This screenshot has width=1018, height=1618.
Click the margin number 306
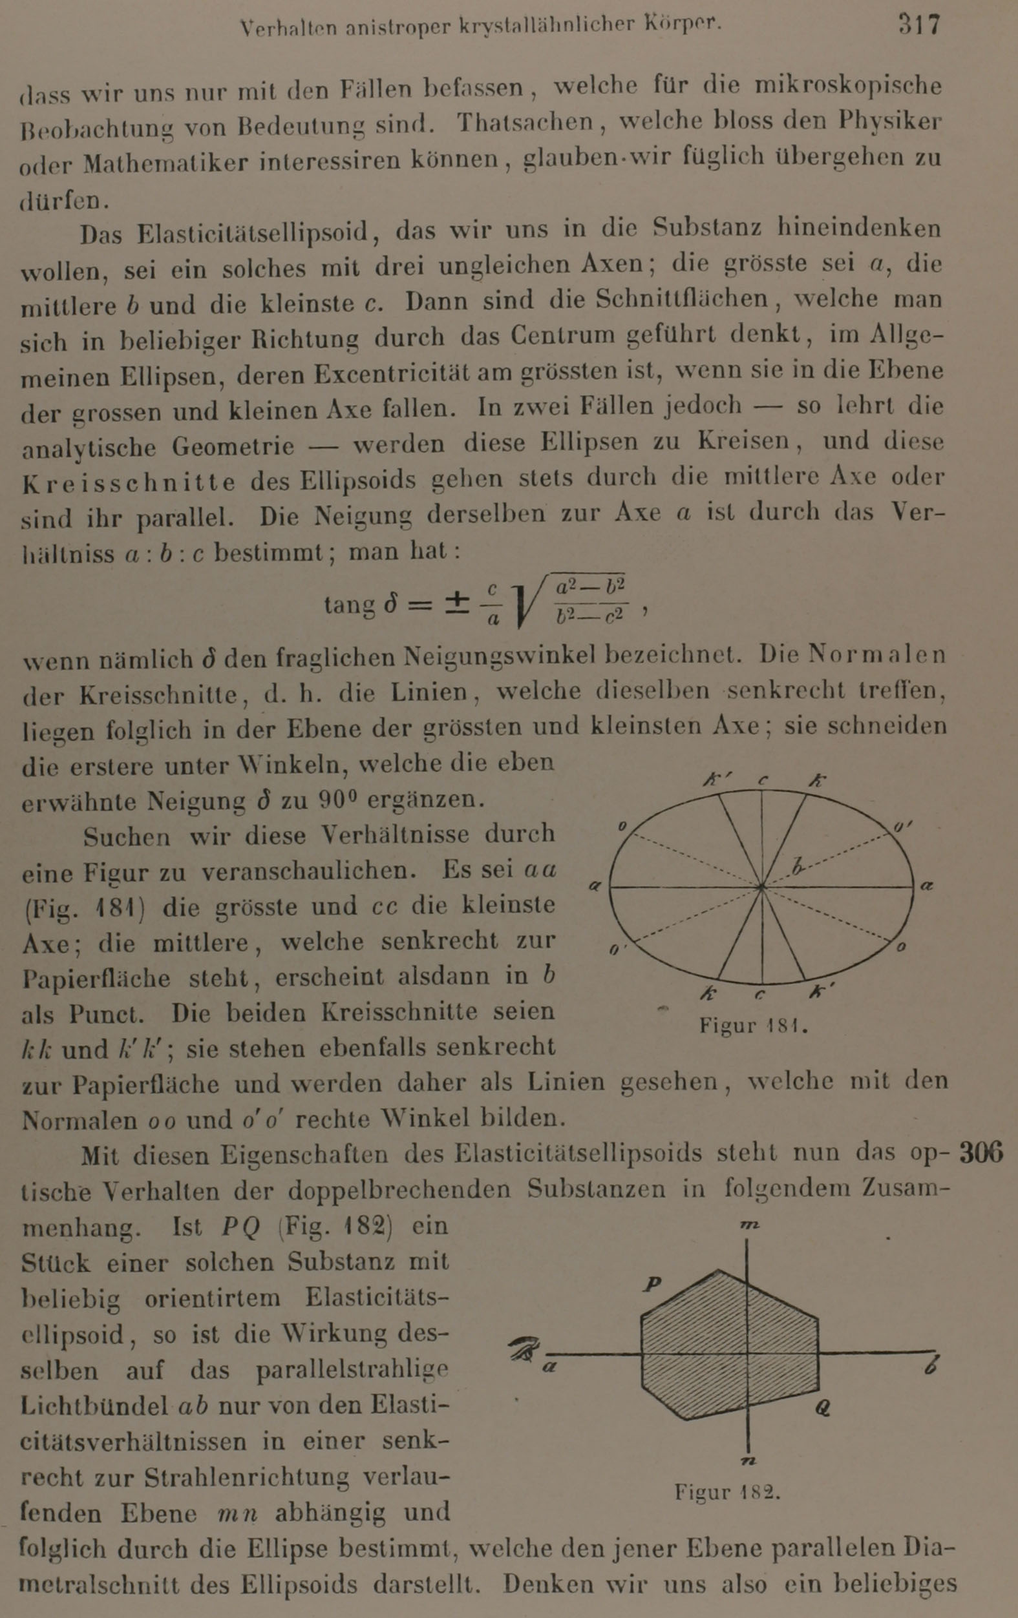pos(981,1153)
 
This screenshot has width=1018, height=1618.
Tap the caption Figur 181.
pos(752,1026)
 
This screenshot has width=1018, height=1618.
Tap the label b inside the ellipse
pos(798,867)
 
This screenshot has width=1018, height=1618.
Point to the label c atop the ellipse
pos(763,781)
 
